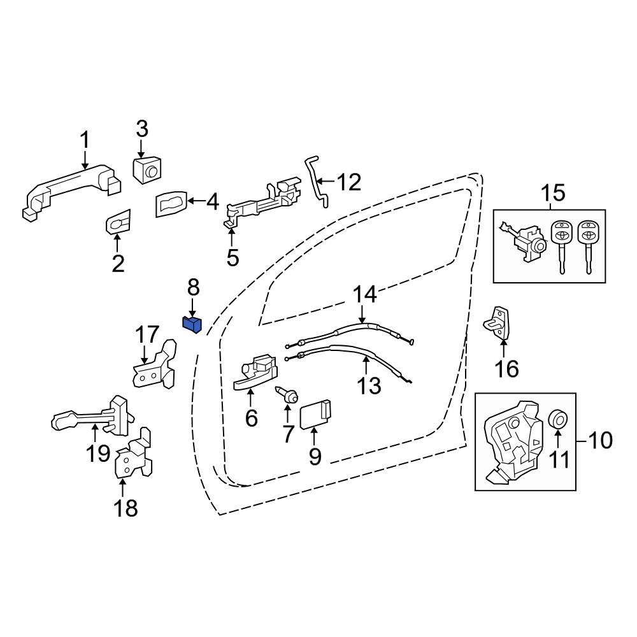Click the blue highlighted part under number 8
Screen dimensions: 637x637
[x=192, y=324]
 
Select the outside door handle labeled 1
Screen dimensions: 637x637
[x=70, y=187]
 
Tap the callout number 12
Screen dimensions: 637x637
[x=348, y=183]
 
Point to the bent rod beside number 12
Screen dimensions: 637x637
[x=317, y=182]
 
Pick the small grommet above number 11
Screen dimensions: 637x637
[x=559, y=420]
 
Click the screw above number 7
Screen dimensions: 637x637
[x=287, y=396]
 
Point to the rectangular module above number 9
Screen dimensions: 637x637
[x=316, y=415]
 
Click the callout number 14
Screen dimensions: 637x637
[x=365, y=294]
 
